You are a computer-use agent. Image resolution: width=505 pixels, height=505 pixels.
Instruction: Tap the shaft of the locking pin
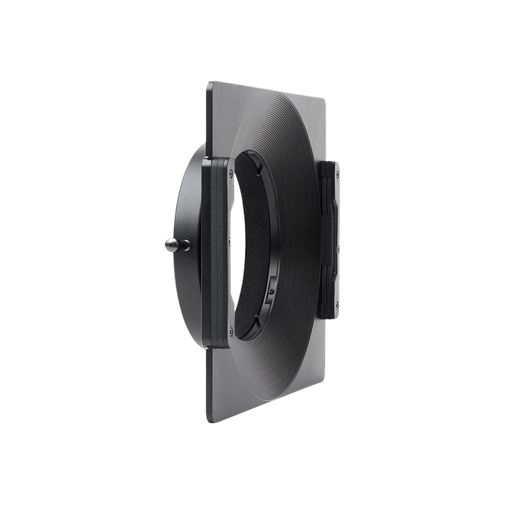(x=183, y=245)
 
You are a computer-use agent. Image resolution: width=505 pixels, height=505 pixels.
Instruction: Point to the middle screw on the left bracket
(x=229, y=241)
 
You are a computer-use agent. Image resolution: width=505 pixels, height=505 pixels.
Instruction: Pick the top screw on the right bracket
(x=338, y=174)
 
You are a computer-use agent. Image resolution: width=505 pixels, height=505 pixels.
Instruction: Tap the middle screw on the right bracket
(x=338, y=250)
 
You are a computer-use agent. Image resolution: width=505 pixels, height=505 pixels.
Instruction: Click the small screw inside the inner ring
(x=271, y=291)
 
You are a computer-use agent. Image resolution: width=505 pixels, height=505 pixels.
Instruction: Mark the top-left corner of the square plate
(x=210, y=83)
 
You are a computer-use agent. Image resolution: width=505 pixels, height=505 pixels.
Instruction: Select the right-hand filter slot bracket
(x=330, y=240)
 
